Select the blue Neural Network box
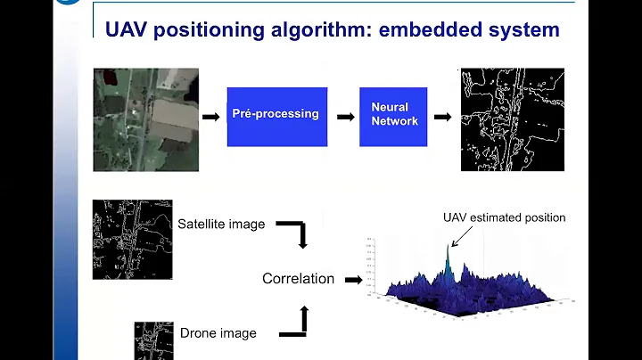pos(393,116)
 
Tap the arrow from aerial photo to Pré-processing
pos(210,116)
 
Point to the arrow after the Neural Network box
pos(441,116)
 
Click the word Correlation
pos(298,279)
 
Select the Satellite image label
pos(221,225)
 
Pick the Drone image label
pos(218,333)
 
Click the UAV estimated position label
pos(504,217)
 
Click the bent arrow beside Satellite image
pos(293,233)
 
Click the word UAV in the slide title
pos(130,29)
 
